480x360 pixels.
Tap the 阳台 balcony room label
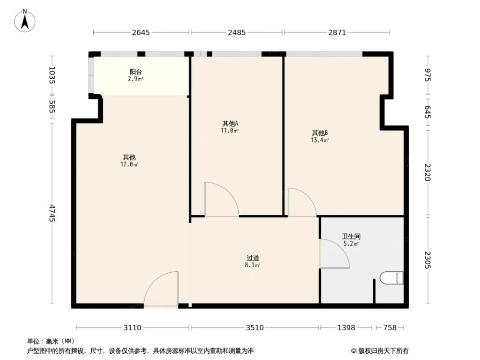coord(135,72)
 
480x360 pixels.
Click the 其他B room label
coord(320,133)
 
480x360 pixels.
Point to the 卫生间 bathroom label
coord(351,237)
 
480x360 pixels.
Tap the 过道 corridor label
coord(253,258)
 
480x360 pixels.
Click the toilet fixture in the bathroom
coord(391,278)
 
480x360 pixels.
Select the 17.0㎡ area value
coord(129,165)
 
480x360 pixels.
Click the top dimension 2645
coord(141,33)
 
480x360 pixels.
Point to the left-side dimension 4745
coord(52,213)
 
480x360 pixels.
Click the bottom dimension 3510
coord(255,328)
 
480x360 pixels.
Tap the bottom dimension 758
coord(390,328)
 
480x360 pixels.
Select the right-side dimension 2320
coord(428,172)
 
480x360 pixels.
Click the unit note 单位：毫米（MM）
coord(50,341)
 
